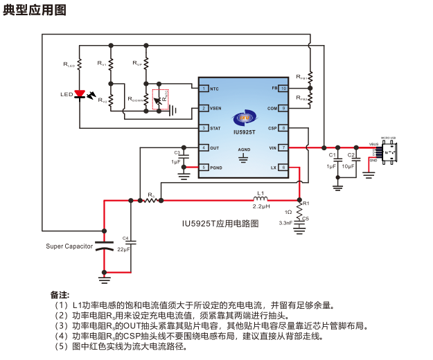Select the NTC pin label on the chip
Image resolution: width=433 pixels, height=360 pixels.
(215, 89)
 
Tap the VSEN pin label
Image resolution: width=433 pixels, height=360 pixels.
(216, 109)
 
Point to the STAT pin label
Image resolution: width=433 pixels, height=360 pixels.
(215, 128)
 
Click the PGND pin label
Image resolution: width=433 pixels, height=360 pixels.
(216, 168)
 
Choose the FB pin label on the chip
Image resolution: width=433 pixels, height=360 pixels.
(274, 89)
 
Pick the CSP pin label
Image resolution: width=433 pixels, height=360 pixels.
(272, 128)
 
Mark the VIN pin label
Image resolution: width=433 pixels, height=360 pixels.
(273, 147)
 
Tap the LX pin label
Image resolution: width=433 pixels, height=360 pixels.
(274, 168)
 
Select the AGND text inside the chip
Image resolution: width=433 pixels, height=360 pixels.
(244, 150)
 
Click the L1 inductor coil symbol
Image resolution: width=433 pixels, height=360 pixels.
(260, 199)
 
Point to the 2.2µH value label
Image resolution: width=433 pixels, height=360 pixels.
(260, 207)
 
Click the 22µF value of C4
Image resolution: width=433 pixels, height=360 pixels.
(124, 249)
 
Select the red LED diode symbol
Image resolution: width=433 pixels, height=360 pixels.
(80, 93)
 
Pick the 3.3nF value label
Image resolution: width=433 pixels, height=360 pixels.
(285, 223)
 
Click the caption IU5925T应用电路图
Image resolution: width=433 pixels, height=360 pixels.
(220, 224)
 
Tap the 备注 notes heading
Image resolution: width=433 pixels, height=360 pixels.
(60, 294)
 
